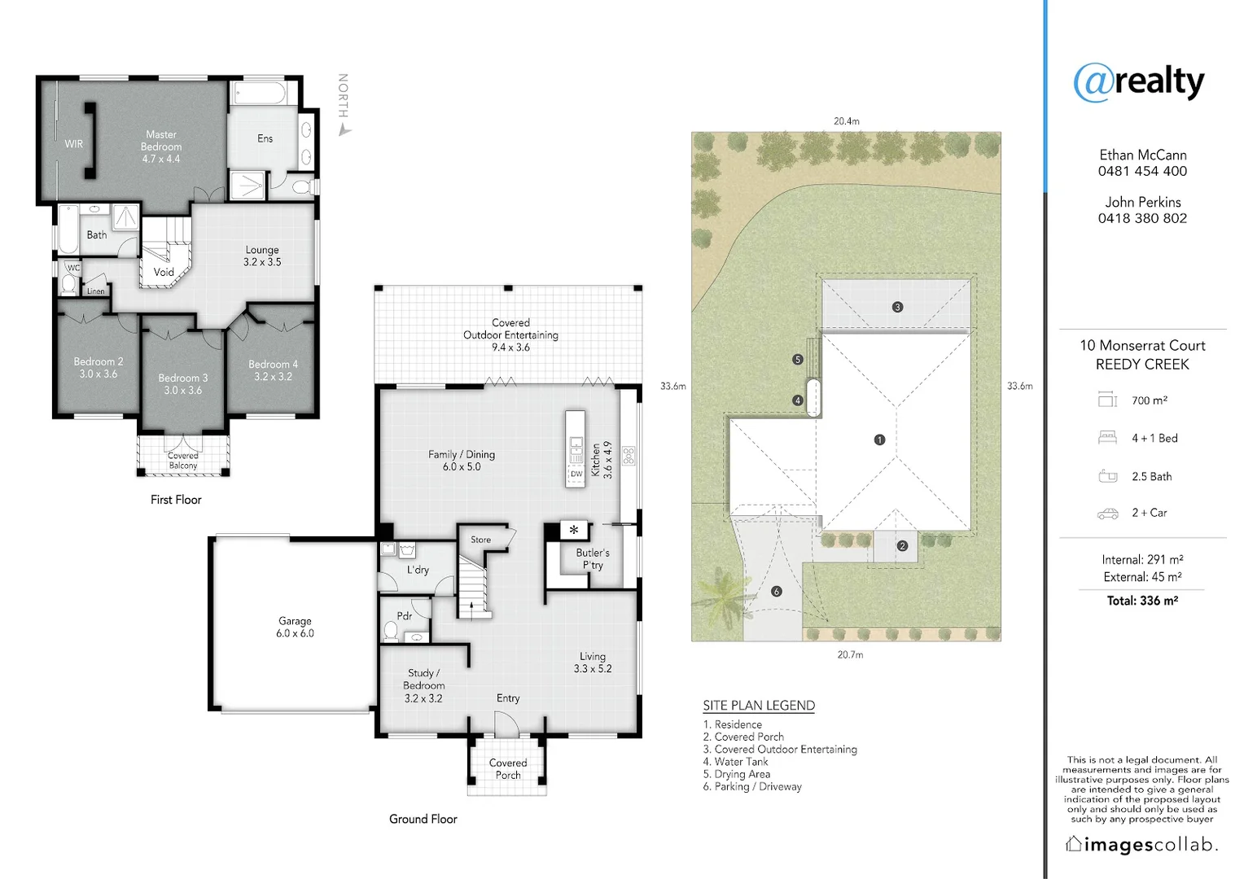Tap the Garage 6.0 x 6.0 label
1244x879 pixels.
[295, 627]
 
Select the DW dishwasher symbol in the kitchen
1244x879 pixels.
[576, 474]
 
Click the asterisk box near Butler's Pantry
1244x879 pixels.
[574, 530]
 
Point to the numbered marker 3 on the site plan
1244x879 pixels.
[897, 307]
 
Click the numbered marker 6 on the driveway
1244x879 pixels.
[776, 591]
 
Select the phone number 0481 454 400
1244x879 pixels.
[1142, 171]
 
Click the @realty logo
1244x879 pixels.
[1138, 81]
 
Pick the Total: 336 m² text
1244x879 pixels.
[1142, 601]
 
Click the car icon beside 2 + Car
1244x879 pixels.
[1107, 514]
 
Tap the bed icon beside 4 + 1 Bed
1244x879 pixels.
[1107, 438]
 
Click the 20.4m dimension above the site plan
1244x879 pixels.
[846, 121]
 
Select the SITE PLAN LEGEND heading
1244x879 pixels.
[759, 706]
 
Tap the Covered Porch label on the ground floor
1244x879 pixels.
[508, 769]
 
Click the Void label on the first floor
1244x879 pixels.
[164, 273]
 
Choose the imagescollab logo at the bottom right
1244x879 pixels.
[1142, 845]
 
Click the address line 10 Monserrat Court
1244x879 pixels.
[1142, 346]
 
